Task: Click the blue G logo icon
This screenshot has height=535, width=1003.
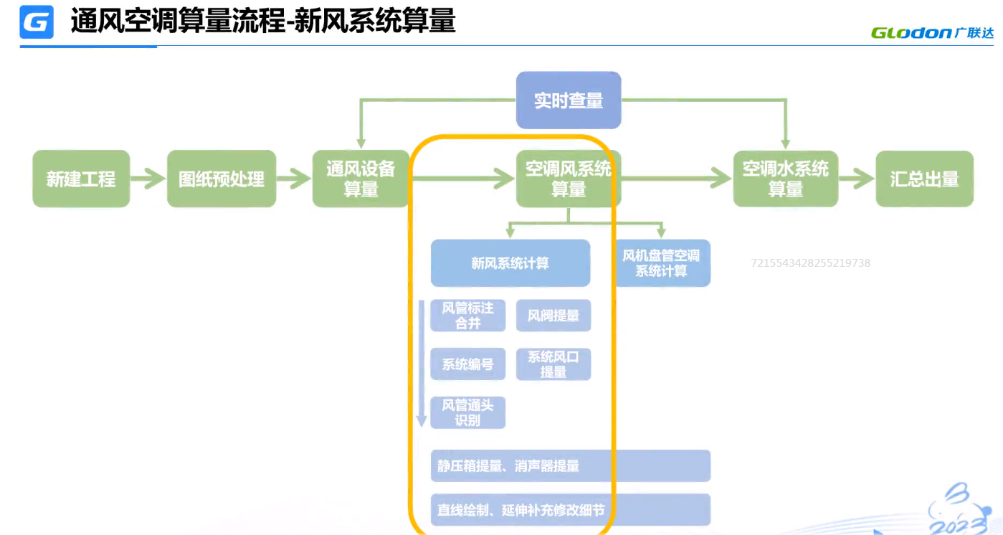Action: pos(37,22)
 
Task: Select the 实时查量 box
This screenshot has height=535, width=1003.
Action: pos(569,100)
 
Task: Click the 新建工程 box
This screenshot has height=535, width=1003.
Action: pos(81,179)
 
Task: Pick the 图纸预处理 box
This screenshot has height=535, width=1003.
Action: pos(222,179)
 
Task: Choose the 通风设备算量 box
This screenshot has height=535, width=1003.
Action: pos(361,179)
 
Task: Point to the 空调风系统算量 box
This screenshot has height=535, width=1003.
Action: pos(569,179)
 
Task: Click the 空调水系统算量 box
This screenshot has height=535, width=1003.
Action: pos(785,179)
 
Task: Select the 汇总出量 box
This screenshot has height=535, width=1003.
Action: pos(924,179)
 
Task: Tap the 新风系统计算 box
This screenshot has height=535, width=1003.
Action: pos(510,263)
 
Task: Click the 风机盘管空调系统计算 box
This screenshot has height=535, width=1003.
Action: pos(661,263)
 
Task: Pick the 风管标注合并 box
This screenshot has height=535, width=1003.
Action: pos(467,316)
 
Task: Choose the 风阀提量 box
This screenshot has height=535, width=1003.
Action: pos(553,316)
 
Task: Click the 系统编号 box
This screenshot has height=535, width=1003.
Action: pos(467,364)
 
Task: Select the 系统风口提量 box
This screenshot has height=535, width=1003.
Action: pos(553,364)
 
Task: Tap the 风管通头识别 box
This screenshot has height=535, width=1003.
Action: pos(467,413)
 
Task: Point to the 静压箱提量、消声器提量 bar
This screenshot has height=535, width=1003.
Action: pos(570,466)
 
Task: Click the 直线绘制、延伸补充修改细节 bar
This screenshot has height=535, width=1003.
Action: pos(570,511)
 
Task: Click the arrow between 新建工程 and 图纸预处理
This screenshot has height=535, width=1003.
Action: pos(148,179)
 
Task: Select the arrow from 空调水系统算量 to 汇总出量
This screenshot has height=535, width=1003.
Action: pos(857,179)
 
